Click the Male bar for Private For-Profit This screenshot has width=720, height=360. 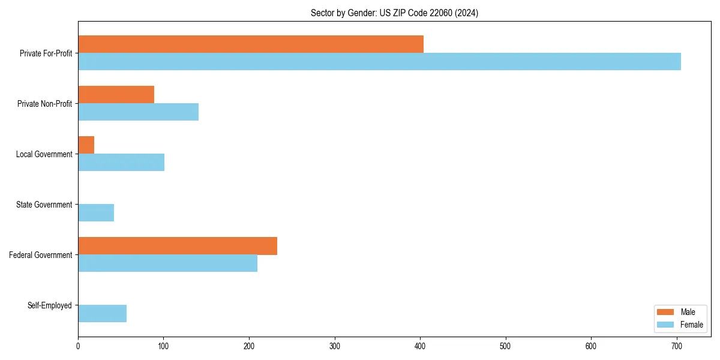tap(251, 44)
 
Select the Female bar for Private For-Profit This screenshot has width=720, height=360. tap(379, 62)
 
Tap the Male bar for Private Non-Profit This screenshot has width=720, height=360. tap(116, 95)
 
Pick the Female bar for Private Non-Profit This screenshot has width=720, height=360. tap(138, 112)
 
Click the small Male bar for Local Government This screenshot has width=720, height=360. tap(86, 145)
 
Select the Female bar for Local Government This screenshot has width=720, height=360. tap(121, 163)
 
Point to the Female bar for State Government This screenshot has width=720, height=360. tap(96, 213)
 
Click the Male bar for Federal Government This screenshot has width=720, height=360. tap(178, 246)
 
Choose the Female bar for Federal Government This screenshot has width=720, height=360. tap(167, 263)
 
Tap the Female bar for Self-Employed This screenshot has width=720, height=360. tap(102, 314)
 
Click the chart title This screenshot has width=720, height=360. tap(394, 13)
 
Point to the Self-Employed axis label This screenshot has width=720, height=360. tap(49, 305)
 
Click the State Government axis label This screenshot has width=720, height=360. tap(44, 205)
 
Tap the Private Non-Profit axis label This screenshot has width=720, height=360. tap(44, 104)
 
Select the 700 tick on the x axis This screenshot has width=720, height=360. tap(677, 346)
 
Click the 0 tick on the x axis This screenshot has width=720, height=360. tap(78, 346)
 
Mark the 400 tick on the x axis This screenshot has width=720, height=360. tap(420, 346)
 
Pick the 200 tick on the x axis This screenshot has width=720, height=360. tap(249, 346)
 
